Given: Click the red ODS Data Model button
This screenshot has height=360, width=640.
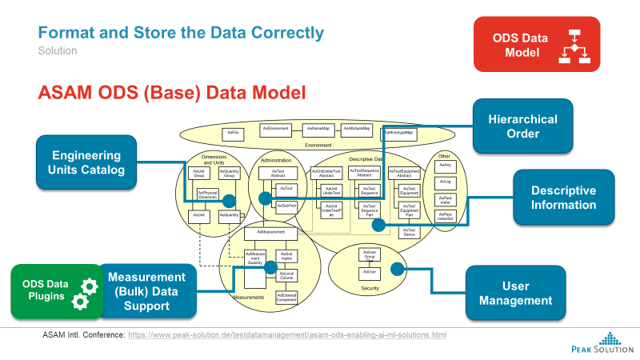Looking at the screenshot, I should [535, 46].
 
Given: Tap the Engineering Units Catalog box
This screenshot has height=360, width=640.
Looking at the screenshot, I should [86, 162].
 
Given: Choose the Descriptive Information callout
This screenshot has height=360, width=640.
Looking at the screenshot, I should [564, 198].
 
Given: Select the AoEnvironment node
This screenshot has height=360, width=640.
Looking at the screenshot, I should [276, 128].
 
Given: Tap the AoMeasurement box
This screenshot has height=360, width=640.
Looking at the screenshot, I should [270, 233].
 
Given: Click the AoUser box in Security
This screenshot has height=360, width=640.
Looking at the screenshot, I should [369, 273].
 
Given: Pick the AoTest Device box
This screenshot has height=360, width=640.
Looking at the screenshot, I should [409, 232].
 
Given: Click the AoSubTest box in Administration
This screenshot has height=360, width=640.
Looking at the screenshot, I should [286, 206].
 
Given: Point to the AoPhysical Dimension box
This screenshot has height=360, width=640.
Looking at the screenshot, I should [207, 195].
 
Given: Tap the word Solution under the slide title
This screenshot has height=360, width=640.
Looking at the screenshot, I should [58, 50].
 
